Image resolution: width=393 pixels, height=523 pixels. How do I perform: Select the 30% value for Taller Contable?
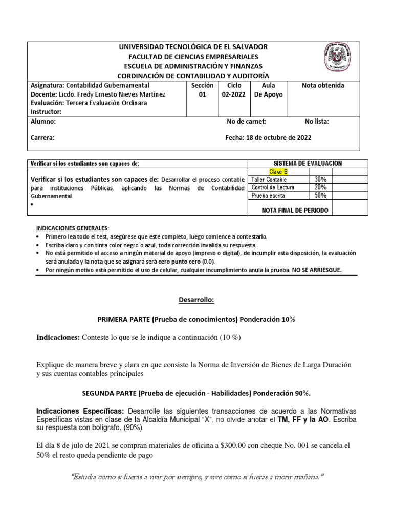pos(321,180)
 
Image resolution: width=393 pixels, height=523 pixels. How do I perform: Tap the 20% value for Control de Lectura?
pos(321,187)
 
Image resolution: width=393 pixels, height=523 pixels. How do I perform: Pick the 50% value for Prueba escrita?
pos(321,196)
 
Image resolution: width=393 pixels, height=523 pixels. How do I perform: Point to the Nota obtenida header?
pos(323,86)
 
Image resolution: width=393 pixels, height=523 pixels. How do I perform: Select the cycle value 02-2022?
pos(232,95)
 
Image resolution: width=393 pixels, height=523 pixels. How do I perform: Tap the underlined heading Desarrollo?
pos(196,300)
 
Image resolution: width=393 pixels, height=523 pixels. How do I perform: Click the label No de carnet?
pos(247,122)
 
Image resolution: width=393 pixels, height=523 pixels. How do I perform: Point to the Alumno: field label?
pos(43,122)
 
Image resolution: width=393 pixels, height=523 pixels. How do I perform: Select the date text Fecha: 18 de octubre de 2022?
pos(268,138)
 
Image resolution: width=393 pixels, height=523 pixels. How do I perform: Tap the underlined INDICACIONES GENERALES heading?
pos(72,227)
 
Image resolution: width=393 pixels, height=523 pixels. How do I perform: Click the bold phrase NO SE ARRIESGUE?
pos(316,269)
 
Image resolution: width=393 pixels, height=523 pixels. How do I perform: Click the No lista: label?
pos(317,122)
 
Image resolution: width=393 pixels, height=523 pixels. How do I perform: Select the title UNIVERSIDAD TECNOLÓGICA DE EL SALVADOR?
pos(193,47)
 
